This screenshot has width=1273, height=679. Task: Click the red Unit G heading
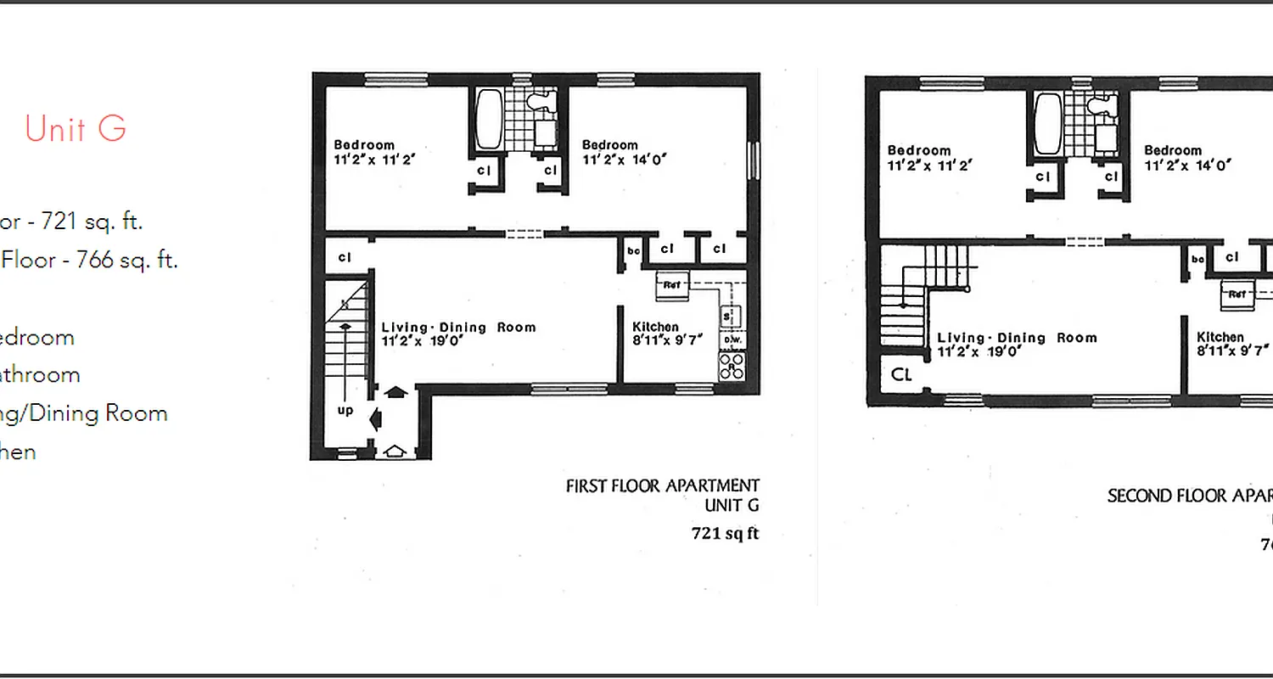click(x=76, y=128)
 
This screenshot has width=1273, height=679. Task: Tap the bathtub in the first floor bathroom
click(x=488, y=119)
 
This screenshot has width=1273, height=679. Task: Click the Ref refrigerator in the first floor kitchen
click(x=671, y=286)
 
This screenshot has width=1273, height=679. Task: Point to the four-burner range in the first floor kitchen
click(x=732, y=366)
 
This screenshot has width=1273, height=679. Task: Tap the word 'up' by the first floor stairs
click(x=345, y=410)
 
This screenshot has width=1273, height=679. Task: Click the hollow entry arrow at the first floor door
click(x=393, y=452)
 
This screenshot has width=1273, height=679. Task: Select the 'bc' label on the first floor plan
click(x=633, y=250)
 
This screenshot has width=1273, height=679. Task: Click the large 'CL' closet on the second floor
click(x=901, y=373)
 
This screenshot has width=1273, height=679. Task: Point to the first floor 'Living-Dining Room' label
click(x=458, y=328)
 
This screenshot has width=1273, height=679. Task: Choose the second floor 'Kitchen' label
click(x=1220, y=337)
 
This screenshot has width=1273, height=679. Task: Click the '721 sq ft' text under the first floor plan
click(x=725, y=534)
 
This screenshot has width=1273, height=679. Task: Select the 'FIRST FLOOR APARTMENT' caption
click(x=662, y=485)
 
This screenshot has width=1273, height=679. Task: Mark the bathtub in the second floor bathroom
click(x=1046, y=124)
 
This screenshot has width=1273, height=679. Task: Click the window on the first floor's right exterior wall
click(x=750, y=160)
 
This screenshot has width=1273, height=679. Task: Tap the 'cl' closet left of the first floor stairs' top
click(x=345, y=257)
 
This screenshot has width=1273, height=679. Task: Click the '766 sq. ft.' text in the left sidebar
click(x=127, y=260)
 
